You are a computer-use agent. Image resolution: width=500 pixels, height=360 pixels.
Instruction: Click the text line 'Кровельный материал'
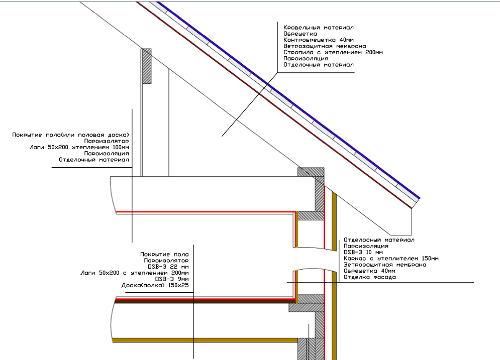(318, 28)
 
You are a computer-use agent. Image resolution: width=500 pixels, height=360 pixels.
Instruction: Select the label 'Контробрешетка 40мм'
(318, 40)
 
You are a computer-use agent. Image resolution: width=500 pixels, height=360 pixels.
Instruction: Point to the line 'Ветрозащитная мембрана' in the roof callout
(325, 46)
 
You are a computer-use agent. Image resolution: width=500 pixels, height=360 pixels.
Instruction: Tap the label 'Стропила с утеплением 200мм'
(333, 53)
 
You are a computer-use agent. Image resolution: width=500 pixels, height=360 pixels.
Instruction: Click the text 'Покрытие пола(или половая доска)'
(70, 135)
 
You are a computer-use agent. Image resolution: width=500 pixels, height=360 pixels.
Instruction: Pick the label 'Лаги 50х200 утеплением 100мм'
(79, 148)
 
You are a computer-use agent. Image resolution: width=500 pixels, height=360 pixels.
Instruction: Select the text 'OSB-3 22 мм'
(168, 267)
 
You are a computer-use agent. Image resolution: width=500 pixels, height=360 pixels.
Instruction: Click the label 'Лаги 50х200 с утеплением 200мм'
(135, 273)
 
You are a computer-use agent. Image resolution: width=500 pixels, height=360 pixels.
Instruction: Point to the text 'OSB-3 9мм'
(172, 279)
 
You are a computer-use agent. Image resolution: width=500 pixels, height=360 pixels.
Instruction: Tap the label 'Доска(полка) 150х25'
(155, 286)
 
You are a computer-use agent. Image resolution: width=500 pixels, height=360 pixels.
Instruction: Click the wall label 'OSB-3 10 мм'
(363, 253)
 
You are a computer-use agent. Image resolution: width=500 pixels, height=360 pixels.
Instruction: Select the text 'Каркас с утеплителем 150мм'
(391, 259)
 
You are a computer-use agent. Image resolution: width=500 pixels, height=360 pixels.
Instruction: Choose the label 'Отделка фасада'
(369, 277)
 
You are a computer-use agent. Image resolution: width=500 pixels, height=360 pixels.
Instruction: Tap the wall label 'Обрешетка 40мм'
(369, 271)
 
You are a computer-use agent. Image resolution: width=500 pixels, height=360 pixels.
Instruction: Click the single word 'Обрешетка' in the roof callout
(300, 34)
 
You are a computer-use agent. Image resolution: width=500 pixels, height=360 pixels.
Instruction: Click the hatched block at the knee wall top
(147, 66)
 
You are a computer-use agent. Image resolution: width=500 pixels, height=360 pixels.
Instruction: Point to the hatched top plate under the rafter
(311, 172)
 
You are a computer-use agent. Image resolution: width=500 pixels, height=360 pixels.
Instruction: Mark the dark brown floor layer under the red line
(205, 301)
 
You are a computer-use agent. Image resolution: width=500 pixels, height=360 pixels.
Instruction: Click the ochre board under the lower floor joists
(206, 340)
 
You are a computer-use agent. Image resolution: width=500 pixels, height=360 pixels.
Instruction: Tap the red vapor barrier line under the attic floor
(206, 211)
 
